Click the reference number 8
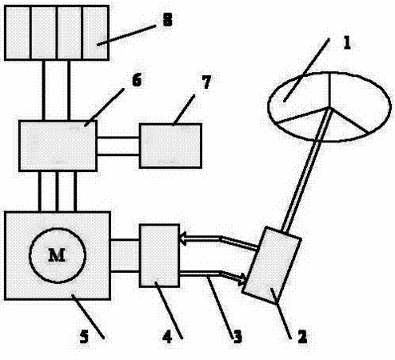coord(168,19)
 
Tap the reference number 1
coord(347,43)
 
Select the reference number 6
coord(137,80)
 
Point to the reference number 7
coord(206,82)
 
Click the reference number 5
coord(84,336)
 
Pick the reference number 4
coord(167,337)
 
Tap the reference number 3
coord(237,337)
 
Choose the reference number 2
coord(302,337)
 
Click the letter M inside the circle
coord(57,255)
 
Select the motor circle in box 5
coord(58,228)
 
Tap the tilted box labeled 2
coord(272,265)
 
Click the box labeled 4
coord(159,255)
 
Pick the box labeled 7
coord(170,146)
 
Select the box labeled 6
coord(58,146)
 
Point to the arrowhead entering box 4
coord(183,238)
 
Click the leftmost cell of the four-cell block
coord(18,33)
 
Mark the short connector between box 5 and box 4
coord(125,256)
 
